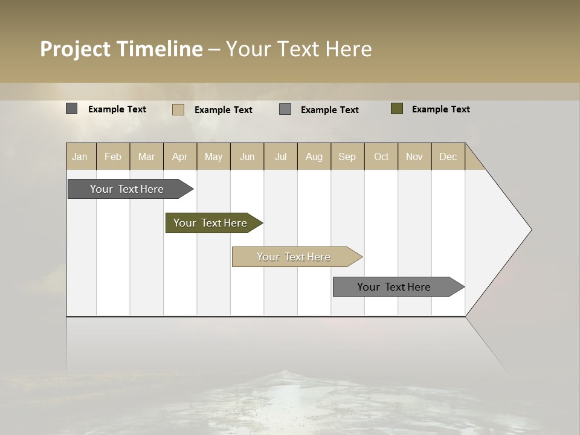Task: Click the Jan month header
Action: point(80,156)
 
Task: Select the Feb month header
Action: point(113,156)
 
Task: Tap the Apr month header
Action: point(180,156)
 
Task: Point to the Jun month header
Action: point(247,156)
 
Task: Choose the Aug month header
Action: point(314,156)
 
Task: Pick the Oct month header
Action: point(381,156)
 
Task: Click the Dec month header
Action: point(448,156)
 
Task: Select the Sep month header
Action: point(347,156)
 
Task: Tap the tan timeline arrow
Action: point(294,257)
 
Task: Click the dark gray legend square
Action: point(72,109)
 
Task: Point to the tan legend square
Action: point(178,109)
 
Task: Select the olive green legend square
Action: point(397,109)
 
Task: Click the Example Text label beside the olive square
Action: point(440,109)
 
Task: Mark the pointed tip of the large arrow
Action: point(530,230)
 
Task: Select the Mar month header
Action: point(146,156)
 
